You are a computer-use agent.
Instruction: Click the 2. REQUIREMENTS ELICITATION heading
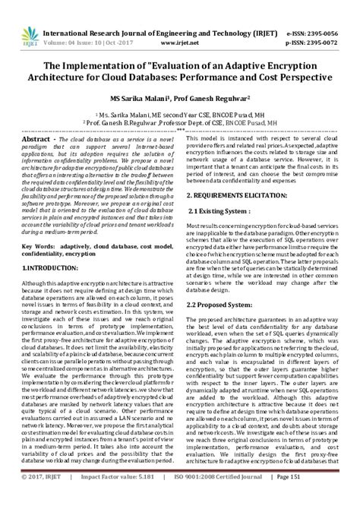pos(249,194)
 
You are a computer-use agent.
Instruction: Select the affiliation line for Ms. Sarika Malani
pos(180,112)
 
